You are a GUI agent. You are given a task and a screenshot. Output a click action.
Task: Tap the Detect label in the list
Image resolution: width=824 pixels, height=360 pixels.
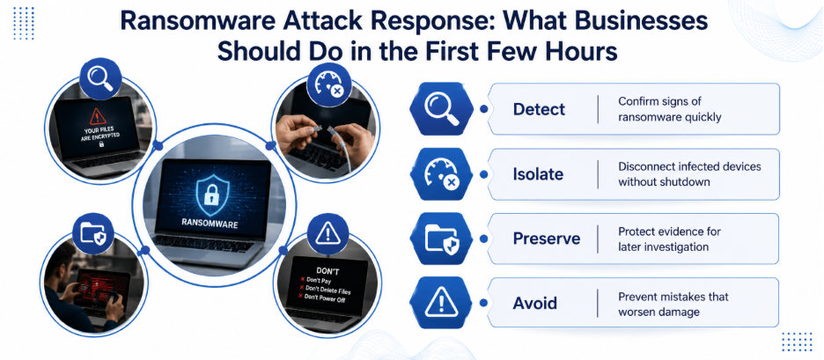click(539, 109)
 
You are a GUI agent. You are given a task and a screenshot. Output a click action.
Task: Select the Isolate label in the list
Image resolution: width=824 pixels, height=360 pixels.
click(539, 174)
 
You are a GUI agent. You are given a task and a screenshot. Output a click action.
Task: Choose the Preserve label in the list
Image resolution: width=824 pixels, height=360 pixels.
click(547, 239)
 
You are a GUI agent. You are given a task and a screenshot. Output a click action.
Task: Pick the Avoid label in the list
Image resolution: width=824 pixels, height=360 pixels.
click(535, 304)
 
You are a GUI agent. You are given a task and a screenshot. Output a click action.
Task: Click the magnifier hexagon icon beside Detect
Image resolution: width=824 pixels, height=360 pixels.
click(442, 109)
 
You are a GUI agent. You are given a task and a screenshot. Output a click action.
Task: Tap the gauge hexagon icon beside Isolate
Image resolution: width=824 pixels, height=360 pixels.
click(442, 174)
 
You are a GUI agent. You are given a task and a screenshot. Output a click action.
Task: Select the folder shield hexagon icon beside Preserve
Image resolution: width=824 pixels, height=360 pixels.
click(442, 239)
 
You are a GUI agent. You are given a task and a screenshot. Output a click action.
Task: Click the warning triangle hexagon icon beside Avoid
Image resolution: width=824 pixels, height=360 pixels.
click(442, 304)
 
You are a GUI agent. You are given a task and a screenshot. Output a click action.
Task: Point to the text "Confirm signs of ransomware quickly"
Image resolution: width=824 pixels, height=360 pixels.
click(669, 109)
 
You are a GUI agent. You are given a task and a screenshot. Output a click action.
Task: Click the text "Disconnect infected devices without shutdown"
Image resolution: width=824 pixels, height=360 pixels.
click(689, 174)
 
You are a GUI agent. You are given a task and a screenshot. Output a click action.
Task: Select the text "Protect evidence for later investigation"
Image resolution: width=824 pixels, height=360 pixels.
click(669, 239)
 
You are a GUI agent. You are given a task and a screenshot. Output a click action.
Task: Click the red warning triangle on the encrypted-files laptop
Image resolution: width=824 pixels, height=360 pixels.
click(97, 114)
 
